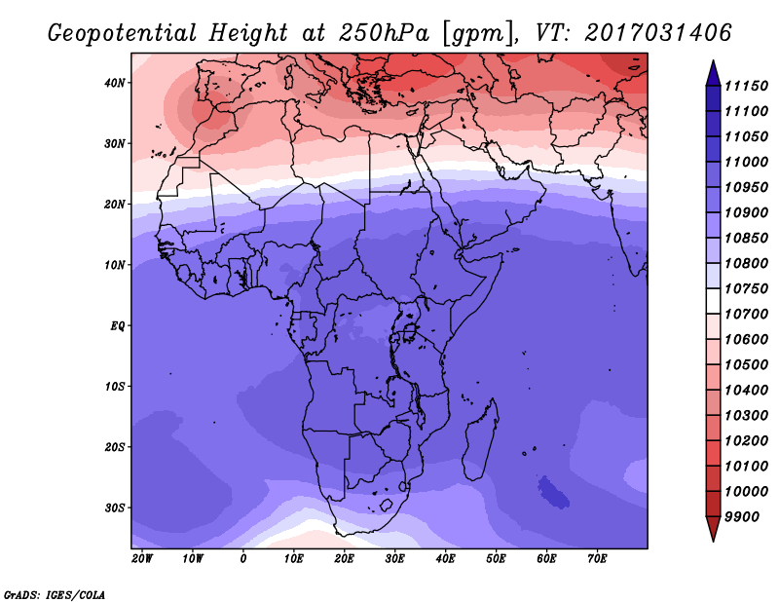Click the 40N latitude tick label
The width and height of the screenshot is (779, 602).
pyautogui.click(x=114, y=83)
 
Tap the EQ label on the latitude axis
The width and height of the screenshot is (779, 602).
pyautogui.click(x=117, y=326)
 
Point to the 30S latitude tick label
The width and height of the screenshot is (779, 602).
pyautogui.click(x=114, y=508)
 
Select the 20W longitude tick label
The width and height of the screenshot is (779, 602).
pyautogui.click(x=142, y=559)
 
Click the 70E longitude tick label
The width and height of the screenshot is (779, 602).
pyautogui.click(x=597, y=559)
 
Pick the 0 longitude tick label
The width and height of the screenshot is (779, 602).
pyautogui.click(x=242, y=559)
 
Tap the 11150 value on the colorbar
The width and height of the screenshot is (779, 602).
pyautogui.click(x=746, y=86)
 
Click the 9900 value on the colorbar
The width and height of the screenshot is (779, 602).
pyautogui.click(x=742, y=517)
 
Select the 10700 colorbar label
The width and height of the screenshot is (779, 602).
pyautogui.click(x=746, y=315)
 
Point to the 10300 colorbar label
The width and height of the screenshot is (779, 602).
pyautogui.click(x=746, y=416)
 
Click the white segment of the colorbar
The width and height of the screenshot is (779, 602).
pyautogui.click(x=713, y=301)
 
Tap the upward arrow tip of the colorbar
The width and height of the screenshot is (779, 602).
pyautogui.click(x=713, y=61)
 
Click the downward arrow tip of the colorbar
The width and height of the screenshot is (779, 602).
pyautogui.click(x=713, y=541)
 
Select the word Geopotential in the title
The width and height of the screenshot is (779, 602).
pyautogui.click(x=123, y=33)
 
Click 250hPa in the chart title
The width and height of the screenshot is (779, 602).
pyautogui.click(x=384, y=33)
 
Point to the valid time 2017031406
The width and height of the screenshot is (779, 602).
pyautogui.click(x=658, y=33)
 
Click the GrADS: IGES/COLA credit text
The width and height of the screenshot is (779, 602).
pyautogui.click(x=55, y=595)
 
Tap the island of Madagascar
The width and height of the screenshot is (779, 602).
pyautogui.click(x=479, y=442)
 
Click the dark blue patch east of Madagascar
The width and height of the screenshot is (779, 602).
pyautogui.click(x=553, y=493)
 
